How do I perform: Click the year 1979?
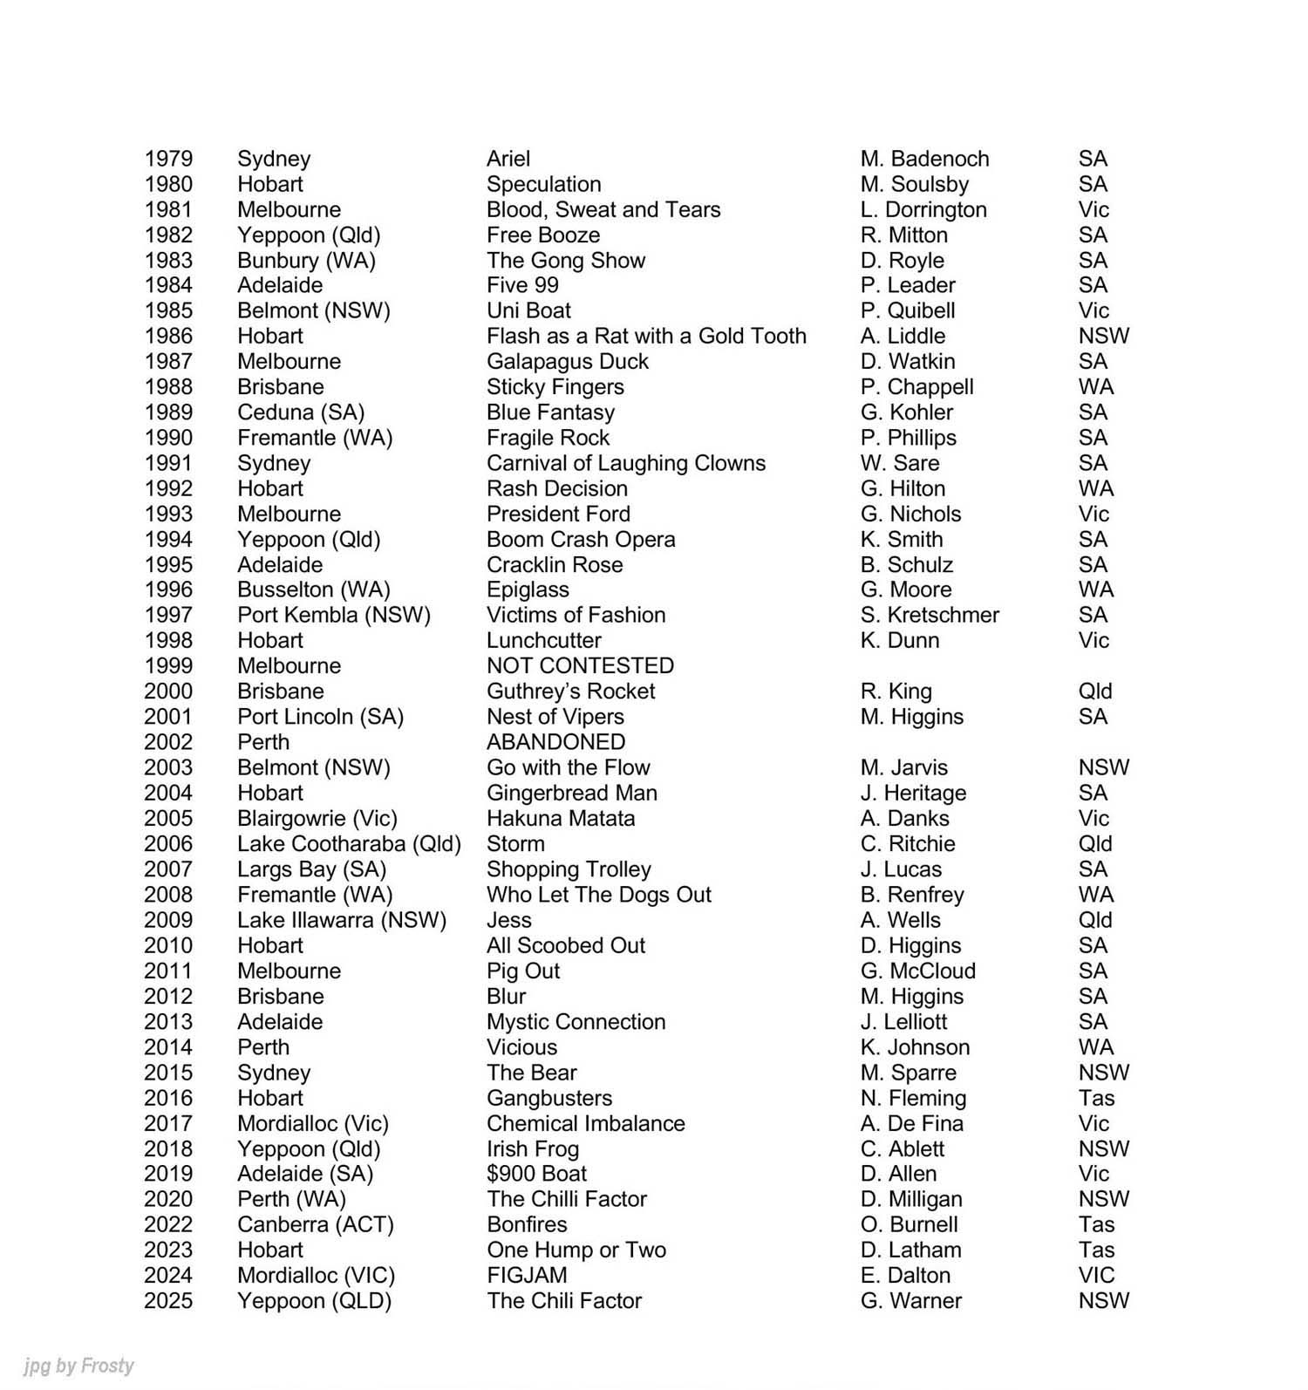coord(168,159)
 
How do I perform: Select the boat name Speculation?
coord(543,184)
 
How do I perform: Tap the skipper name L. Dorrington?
coord(923,209)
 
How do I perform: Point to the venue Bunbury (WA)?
coord(306,260)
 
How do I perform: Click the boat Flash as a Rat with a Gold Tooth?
coord(646,336)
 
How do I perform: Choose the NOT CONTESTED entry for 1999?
coord(580,665)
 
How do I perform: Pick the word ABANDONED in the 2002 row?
coord(555,742)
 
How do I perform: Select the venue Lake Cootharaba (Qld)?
coord(349,843)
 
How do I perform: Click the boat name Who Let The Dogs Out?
coord(598,895)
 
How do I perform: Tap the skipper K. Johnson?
coord(915,1046)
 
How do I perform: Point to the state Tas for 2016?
coord(1096,1098)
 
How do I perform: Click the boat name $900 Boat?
coord(536,1174)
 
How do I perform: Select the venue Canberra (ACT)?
coord(316,1224)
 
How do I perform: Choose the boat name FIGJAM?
coord(527,1275)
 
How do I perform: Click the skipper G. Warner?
coord(910,1300)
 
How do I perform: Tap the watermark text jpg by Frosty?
coord(79,1365)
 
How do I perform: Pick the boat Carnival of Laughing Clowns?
coord(625,463)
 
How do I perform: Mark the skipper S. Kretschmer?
coord(930,615)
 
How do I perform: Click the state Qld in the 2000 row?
coord(1094,692)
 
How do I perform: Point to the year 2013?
coord(168,1022)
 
